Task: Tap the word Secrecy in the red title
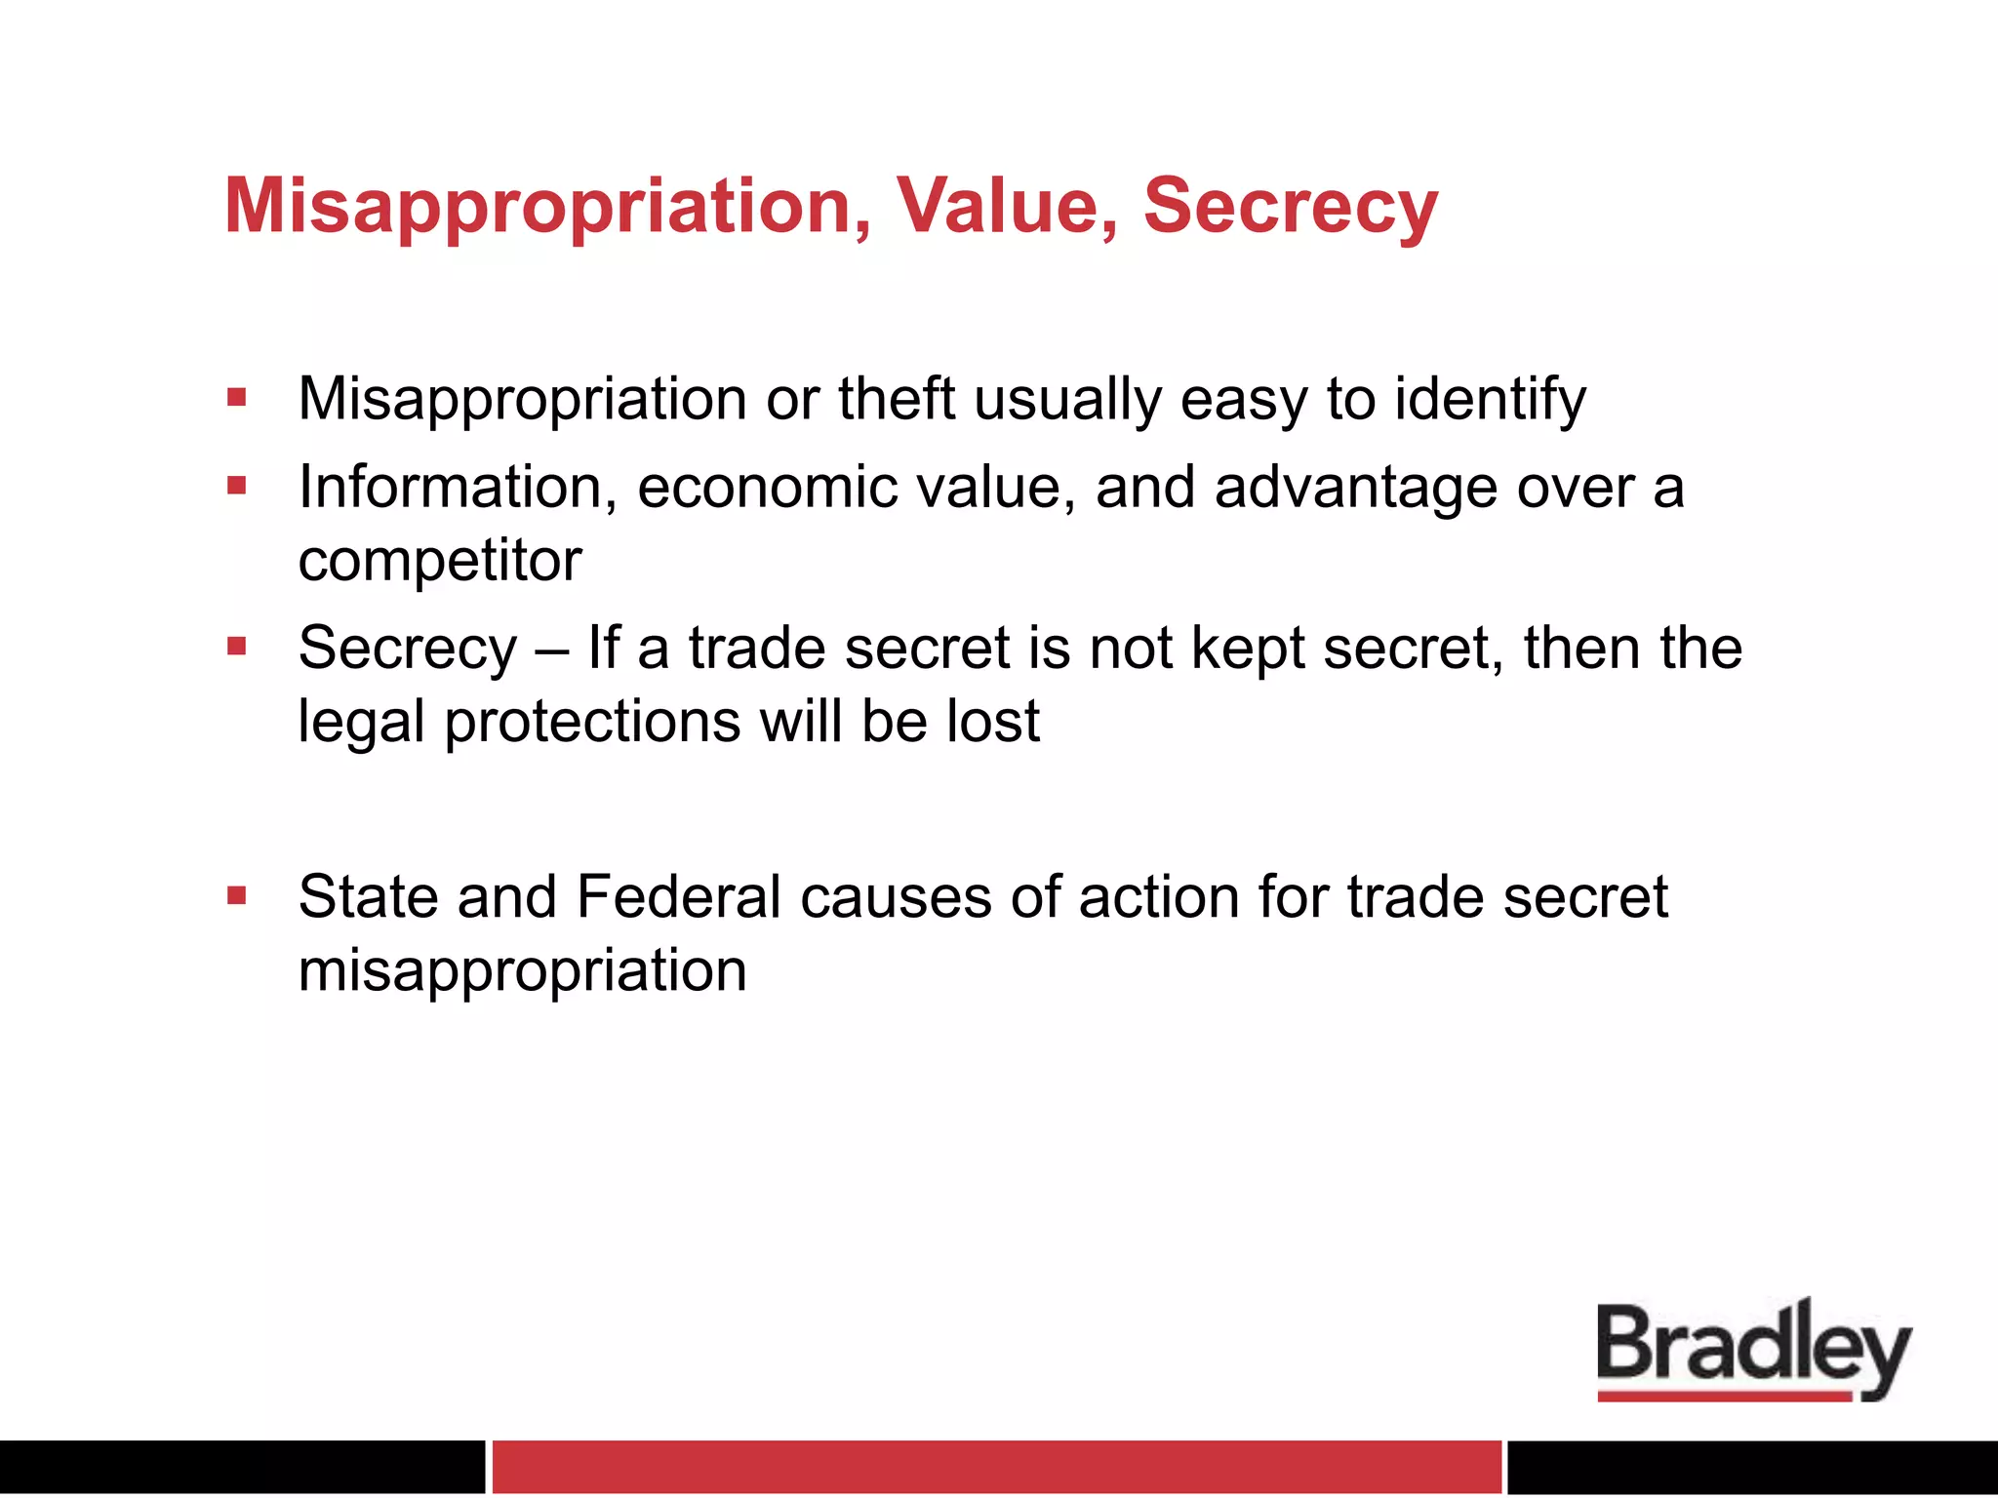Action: tap(1290, 208)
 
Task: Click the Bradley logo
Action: tap(1753, 1349)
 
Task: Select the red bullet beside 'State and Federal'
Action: tap(236, 895)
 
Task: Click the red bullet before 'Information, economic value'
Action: tap(236, 485)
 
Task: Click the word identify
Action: tap(1490, 401)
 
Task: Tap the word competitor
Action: tap(440, 562)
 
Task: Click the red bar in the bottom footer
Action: tap(996, 1466)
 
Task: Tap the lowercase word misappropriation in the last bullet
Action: tap(523, 972)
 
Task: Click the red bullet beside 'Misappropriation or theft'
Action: tap(236, 397)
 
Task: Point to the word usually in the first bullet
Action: tap(1067, 401)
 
